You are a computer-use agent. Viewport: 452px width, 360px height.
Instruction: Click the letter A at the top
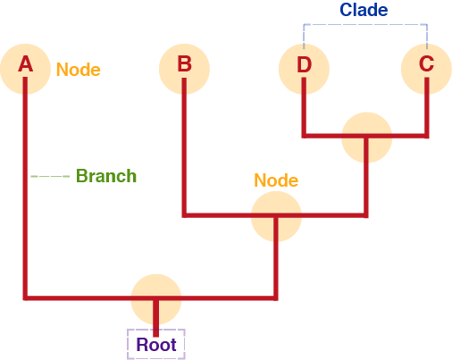click(x=25, y=64)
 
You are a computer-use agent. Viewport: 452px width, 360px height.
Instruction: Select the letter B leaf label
click(x=184, y=64)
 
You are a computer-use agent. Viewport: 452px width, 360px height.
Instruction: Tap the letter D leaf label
click(x=304, y=64)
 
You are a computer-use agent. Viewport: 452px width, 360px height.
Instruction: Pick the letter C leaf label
click(x=426, y=63)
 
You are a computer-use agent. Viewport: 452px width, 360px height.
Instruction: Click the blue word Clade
click(x=364, y=10)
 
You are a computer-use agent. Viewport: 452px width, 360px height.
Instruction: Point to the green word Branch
click(x=106, y=176)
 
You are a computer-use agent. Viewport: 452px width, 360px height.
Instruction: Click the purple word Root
click(x=156, y=345)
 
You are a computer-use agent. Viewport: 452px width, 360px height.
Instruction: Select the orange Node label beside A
click(x=79, y=70)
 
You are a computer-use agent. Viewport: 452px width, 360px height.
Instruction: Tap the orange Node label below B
click(x=276, y=180)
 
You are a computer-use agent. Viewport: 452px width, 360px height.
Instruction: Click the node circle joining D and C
click(x=366, y=138)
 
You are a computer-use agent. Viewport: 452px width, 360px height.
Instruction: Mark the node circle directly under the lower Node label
click(x=276, y=216)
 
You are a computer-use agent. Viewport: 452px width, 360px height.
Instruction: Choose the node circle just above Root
click(x=156, y=299)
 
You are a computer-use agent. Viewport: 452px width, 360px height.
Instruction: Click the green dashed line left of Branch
click(x=50, y=176)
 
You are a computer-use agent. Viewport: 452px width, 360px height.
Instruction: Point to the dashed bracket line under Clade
click(x=365, y=24)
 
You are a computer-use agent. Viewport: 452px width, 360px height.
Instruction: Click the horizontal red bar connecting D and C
click(x=365, y=136)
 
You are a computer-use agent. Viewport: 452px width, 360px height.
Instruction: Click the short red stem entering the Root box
click(x=155, y=319)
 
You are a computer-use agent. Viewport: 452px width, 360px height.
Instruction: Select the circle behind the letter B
click(x=184, y=69)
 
